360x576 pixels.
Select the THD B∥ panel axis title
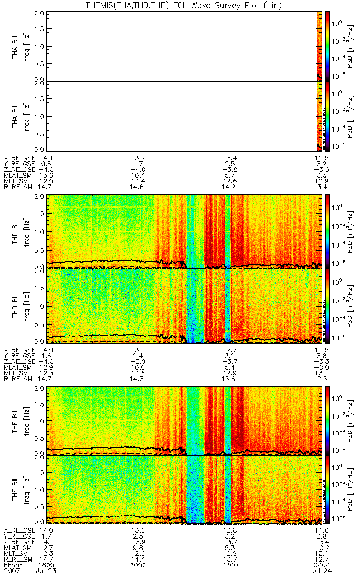click(16, 306)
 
